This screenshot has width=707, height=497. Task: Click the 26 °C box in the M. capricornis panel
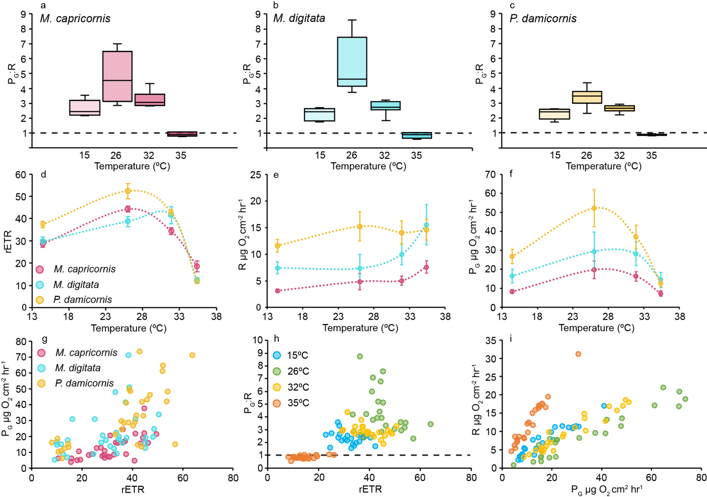tap(117, 76)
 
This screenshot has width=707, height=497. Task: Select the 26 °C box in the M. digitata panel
tap(352, 62)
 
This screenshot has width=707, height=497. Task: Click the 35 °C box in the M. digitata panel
tap(417, 136)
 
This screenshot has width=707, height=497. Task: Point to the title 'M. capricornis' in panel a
tap(75, 18)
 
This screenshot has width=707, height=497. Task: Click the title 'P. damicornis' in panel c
tap(543, 18)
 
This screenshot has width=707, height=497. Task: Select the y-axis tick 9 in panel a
tap(24, 14)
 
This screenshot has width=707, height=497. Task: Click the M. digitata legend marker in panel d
tap(40, 284)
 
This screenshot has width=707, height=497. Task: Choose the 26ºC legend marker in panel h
tap(277, 371)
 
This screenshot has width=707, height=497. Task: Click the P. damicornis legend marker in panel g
tap(42, 383)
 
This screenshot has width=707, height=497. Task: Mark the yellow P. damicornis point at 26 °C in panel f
tap(594, 208)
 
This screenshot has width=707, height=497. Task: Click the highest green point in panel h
tap(360, 356)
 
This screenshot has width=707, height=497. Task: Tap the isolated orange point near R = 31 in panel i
tap(578, 354)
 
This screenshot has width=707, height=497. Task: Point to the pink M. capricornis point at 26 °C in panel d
tap(128, 209)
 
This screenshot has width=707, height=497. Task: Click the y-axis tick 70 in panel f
tap(490, 175)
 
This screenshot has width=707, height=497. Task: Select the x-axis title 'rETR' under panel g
tap(133, 489)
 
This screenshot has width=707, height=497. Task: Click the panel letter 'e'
tap(276, 175)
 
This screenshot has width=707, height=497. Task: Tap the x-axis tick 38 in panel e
tap(445, 316)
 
